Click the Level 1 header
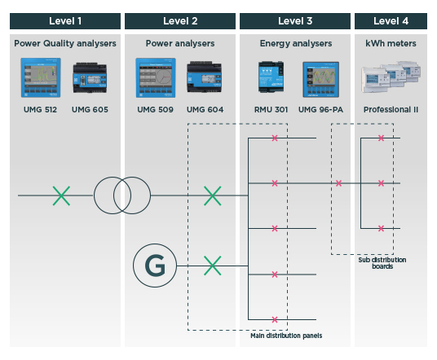(x=65, y=20)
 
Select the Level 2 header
(x=180, y=20)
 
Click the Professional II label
(x=391, y=109)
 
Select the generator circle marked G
(x=154, y=266)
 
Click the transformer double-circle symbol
(x=112, y=195)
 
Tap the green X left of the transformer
(x=61, y=195)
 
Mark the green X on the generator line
(x=212, y=266)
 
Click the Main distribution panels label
(x=286, y=336)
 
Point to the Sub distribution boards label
(x=382, y=263)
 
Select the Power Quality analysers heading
(x=65, y=42)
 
